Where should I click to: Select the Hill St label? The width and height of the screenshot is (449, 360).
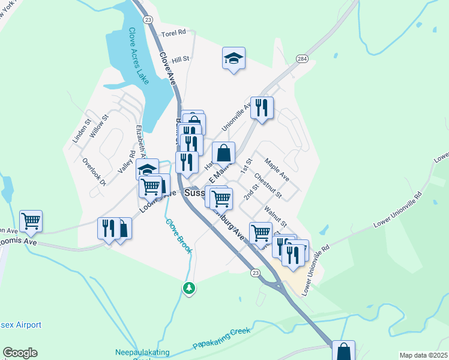[x=180, y=59]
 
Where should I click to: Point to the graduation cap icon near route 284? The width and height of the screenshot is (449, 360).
[x=234, y=59]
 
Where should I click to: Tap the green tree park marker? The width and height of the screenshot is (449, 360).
[x=189, y=287]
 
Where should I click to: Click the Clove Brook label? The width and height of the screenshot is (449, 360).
[x=179, y=235]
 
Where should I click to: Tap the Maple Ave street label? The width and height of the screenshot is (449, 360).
[x=277, y=170]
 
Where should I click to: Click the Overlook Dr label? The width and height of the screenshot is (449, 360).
[x=94, y=172]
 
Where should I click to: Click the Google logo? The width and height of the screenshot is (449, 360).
[x=20, y=353]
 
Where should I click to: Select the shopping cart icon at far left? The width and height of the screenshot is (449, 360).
[x=31, y=221]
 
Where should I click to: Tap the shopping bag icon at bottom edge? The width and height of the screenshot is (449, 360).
[x=343, y=350]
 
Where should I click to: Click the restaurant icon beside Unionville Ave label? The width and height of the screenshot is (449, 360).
[x=262, y=107]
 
